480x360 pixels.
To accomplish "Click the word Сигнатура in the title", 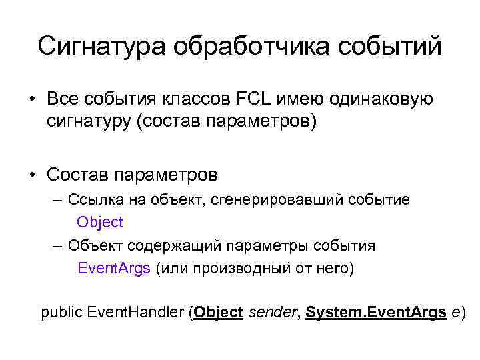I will pos(100,47).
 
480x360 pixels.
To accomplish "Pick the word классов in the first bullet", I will pos(194,99).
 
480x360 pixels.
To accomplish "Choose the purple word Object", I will pos(100,222).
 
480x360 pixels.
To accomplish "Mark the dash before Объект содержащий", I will pos(59,245).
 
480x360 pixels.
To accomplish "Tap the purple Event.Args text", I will pos(114,269).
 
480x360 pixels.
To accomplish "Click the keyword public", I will pos(62,312).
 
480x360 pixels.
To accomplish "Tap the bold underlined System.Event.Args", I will pos(375,312).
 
